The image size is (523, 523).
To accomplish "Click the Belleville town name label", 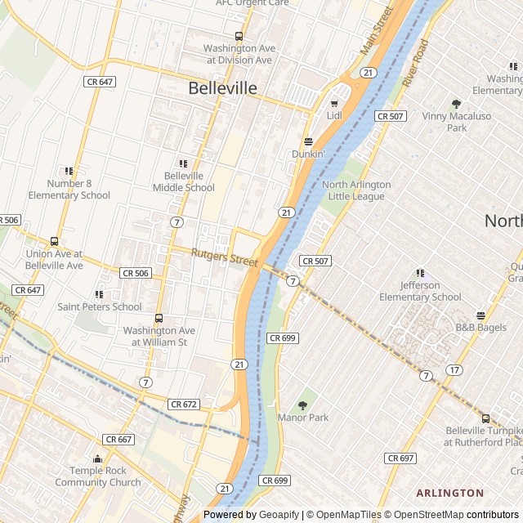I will point(222,88).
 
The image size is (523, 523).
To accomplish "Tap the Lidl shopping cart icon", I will point(333,104).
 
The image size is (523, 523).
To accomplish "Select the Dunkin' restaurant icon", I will point(308,141).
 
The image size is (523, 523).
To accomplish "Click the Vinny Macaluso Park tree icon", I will point(456,104).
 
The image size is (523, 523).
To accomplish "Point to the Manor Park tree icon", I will point(302,405).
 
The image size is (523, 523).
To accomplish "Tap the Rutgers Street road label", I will point(224,257).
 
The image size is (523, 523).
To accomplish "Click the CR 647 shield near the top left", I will point(98,82).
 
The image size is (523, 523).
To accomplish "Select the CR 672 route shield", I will point(184,405).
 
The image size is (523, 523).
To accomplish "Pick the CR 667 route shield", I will point(119,439).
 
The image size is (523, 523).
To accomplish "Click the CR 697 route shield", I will point(400,458).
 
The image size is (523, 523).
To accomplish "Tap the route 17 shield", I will point(454,370).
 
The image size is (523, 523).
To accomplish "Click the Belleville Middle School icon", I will point(182,163).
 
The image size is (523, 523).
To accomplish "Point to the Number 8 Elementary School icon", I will point(69,172).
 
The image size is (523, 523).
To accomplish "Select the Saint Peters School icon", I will point(99,294).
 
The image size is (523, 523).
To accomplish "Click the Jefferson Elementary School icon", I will point(420,273).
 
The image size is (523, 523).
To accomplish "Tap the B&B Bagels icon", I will point(481,316).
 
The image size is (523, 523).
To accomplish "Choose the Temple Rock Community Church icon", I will point(98,459).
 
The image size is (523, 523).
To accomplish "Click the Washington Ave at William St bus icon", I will point(159,319).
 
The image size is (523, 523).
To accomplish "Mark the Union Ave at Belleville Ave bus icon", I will point(54,242).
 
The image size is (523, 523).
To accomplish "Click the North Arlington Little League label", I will point(356,190).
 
